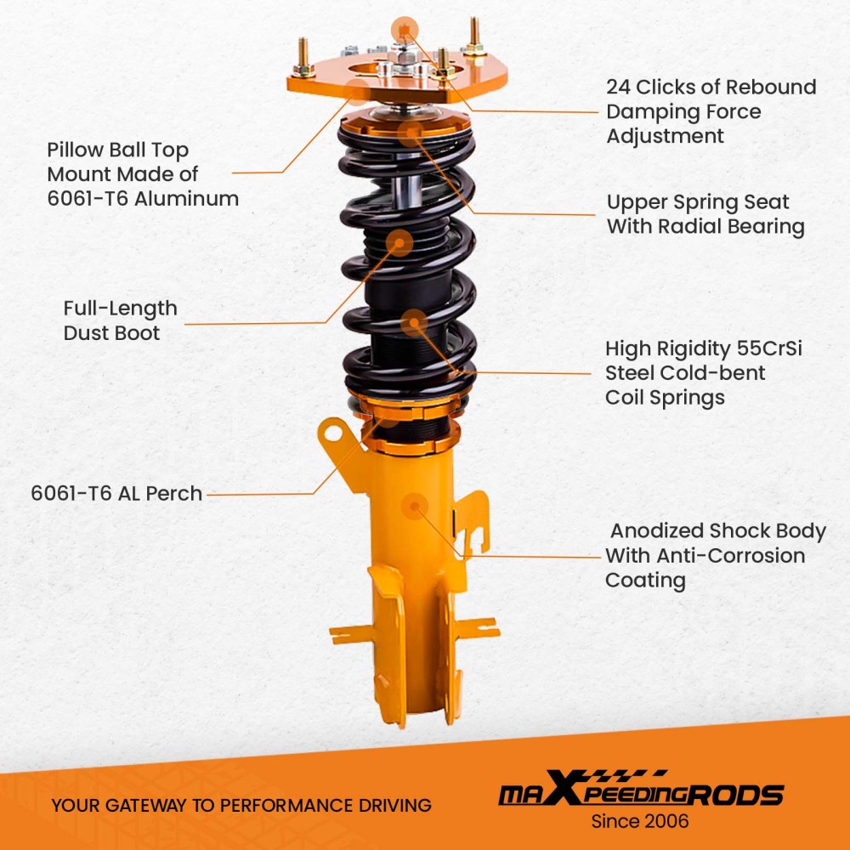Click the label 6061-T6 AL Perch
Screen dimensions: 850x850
tap(116, 493)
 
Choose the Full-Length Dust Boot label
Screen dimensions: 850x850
tap(120, 320)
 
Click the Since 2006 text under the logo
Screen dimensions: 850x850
tap(640, 821)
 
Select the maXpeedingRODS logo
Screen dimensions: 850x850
tap(640, 792)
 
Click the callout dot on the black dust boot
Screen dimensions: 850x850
tap(399, 243)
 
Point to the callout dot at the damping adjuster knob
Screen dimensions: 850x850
tap(405, 30)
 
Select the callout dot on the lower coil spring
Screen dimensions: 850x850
tap(414, 323)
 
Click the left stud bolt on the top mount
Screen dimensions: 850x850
tap(303, 54)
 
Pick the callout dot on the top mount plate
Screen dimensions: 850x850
tap(358, 93)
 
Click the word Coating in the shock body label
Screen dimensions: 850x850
tap(645, 581)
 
